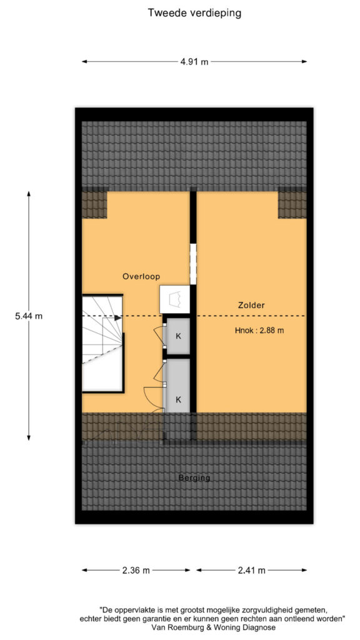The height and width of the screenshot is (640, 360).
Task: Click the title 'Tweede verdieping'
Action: point(194,13)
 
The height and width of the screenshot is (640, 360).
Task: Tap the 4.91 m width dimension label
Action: point(194,62)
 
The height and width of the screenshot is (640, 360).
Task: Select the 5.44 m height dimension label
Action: point(29,316)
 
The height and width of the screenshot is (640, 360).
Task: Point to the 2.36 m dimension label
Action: point(136,570)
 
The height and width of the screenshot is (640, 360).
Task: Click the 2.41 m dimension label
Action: point(251,570)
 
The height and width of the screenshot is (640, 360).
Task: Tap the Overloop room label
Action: point(141,276)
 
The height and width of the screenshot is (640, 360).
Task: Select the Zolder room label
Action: point(252,305)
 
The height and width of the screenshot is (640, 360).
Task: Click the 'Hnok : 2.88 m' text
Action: point(259,331)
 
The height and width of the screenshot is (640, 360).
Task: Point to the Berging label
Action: point(194,478)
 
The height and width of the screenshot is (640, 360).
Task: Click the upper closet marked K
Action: point(178,336)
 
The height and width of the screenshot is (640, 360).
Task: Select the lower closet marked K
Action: point(178,386)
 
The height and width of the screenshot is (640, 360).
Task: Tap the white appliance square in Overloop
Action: point(175,299)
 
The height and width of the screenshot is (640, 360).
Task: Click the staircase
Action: point(102,343)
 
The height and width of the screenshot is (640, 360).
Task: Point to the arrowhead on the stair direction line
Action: point(118,317)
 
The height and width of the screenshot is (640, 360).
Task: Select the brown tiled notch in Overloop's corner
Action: point(94,205)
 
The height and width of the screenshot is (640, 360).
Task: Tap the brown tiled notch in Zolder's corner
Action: point(292,205)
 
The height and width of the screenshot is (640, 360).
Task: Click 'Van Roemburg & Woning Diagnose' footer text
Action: point(214,627)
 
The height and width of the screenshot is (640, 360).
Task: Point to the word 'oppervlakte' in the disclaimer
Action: point(133,611)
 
